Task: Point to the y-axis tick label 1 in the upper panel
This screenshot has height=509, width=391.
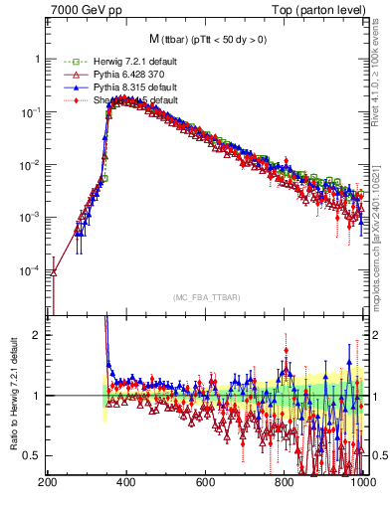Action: pyautogui.click(x=37, y=60)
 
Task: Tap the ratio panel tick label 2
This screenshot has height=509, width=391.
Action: pyautogui.click(x=37, y=335)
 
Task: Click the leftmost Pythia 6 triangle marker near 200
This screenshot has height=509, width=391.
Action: pyautogui.click(x=54, y=272)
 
